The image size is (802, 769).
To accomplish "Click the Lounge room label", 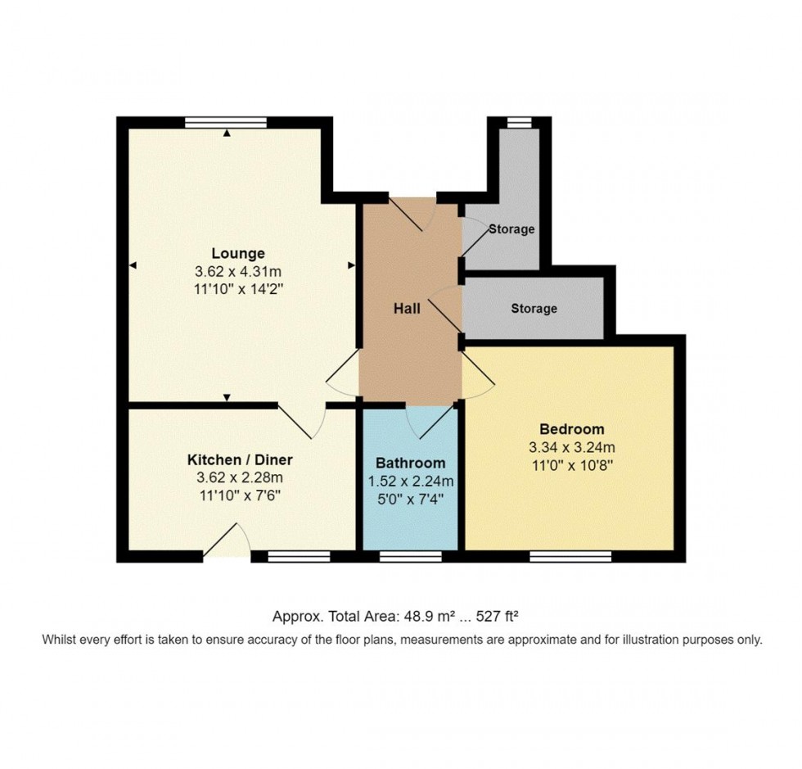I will click(238, 253).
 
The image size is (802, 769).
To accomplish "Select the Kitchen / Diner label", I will click(240, 459).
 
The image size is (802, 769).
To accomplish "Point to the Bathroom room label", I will click(411, 463).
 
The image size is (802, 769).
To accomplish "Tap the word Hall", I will click(407, 309).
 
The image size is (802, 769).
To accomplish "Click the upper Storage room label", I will click(511, 229).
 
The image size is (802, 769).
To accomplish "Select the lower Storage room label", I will click(534, 309).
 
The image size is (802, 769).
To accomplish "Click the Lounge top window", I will click(226, 122).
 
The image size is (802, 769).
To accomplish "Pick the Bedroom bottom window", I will click(570, 557).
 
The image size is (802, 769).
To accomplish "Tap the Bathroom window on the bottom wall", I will click(410, 557).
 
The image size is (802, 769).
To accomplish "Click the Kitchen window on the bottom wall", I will click(299, 557).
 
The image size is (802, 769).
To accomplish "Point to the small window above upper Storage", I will click(519, 122).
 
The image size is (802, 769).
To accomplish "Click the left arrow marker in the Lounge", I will click(133, 265).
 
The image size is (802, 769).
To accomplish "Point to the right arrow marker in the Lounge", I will click(351, 265).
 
